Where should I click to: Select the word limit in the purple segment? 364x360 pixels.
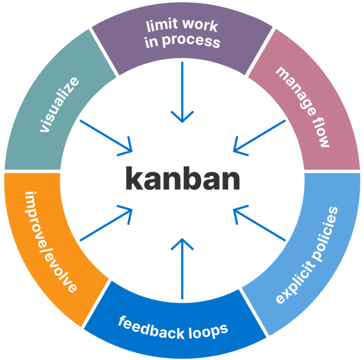coord(161,26)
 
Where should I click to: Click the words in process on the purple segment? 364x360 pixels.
coord(182,42)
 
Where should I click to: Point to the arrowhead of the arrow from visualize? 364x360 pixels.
coord(129,149)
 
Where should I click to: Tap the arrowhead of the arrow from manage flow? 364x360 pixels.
coord(236,149)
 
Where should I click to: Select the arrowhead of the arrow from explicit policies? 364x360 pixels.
coord(235,211)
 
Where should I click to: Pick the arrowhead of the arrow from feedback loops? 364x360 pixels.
coord(182,241)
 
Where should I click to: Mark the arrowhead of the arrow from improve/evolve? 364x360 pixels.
coord(129,211)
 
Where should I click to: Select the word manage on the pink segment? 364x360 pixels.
coord(294,92)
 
